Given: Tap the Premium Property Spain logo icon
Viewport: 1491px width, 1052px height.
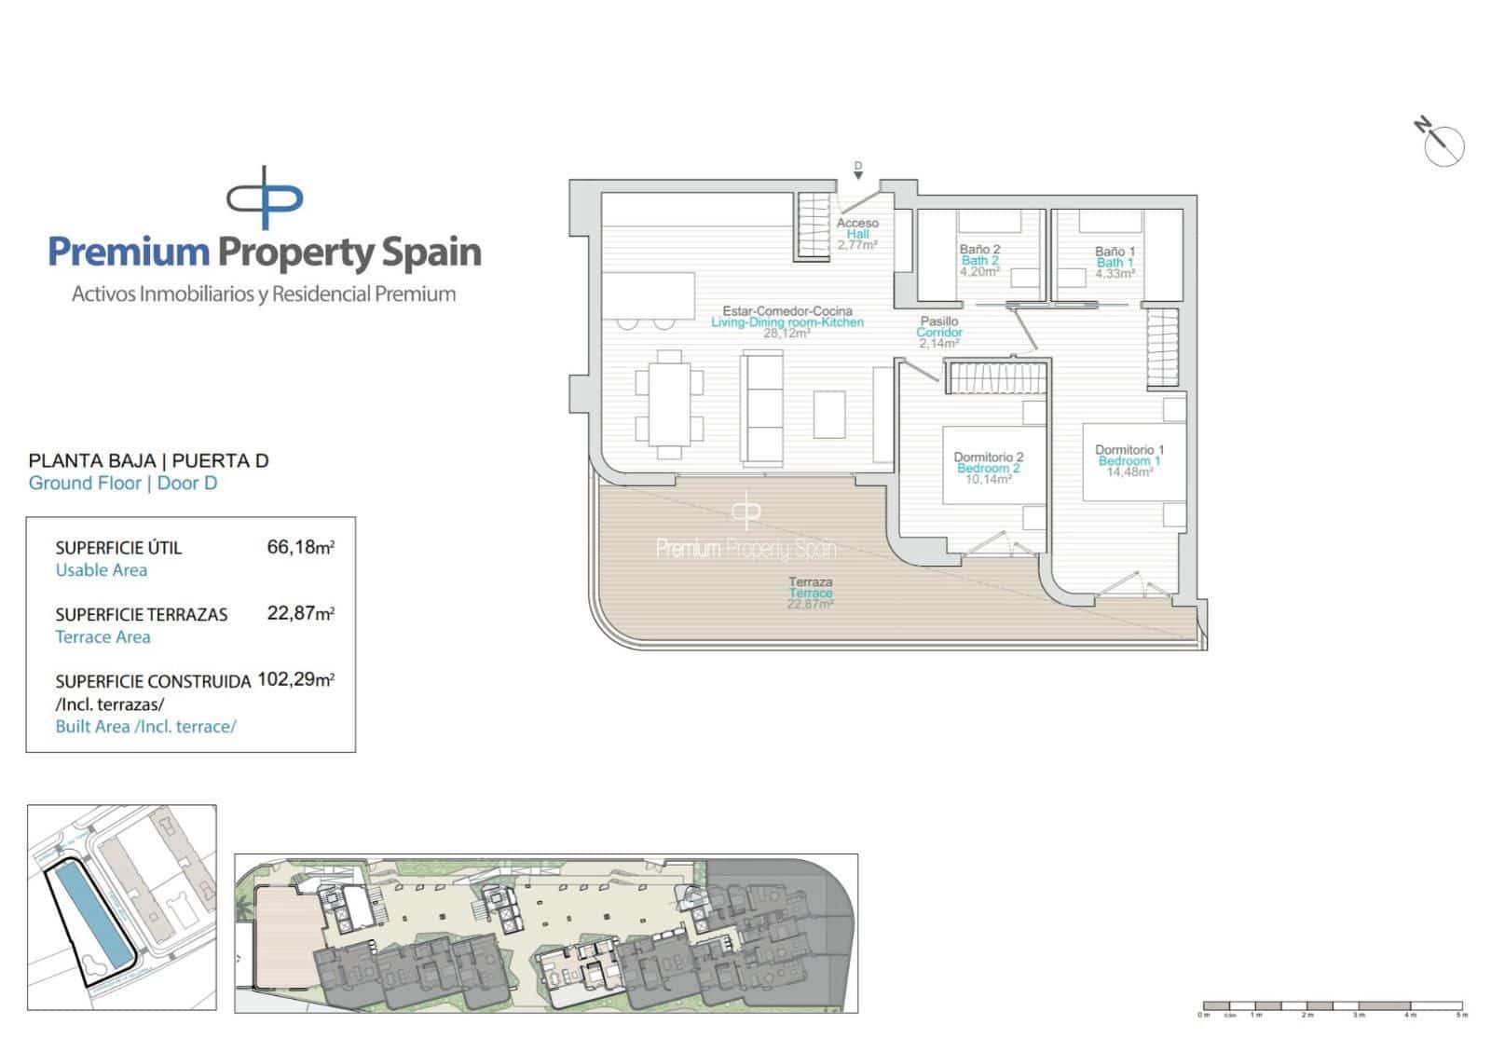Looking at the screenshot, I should pyautogui.click(x=265, y=198).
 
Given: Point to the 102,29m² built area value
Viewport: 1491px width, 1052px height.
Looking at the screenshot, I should pyautogui.click(x=295, y=680).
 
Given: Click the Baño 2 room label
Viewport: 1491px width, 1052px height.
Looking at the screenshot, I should pyautogui.click(x=979, y=250).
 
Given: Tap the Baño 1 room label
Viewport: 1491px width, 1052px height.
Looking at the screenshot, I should pyautogui.click(x=1115, y=252).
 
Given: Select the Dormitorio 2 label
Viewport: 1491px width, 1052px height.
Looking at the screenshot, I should pyautogui.click(x=988, y=458).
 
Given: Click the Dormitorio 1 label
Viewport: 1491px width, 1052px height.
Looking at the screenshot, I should pyautogui.click(x=1129, y=450).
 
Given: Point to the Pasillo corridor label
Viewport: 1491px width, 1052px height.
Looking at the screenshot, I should pyautogui.click(x=938, y=321).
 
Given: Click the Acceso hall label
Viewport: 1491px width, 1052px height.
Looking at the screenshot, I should pyautogui.click(x=857, y=224).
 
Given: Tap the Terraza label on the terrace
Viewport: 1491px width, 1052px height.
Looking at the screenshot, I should pyautogui.click(x=810, y=582).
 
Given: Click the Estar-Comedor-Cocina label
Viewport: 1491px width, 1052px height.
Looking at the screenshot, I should pyautogui.click(x=787, y=311).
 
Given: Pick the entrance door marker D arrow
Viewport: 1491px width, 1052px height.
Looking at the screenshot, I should pyautogui.click(x=858, y=170).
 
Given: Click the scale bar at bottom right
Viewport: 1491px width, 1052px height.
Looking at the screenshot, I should pyautogui.click(x=1333, y=1007).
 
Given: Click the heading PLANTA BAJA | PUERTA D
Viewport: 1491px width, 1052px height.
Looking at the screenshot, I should pyautogui.click(x=149, y=460).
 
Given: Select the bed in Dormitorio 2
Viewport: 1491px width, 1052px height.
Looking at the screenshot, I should pyautogui.click(x=994, y=464).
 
